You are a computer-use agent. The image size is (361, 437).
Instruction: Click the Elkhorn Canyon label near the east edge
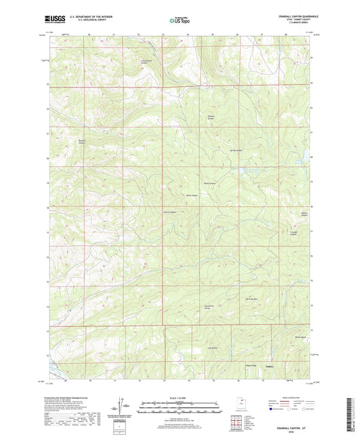(x=304, y=217)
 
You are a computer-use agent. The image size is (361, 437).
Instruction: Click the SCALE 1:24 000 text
(x=180, y=398)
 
